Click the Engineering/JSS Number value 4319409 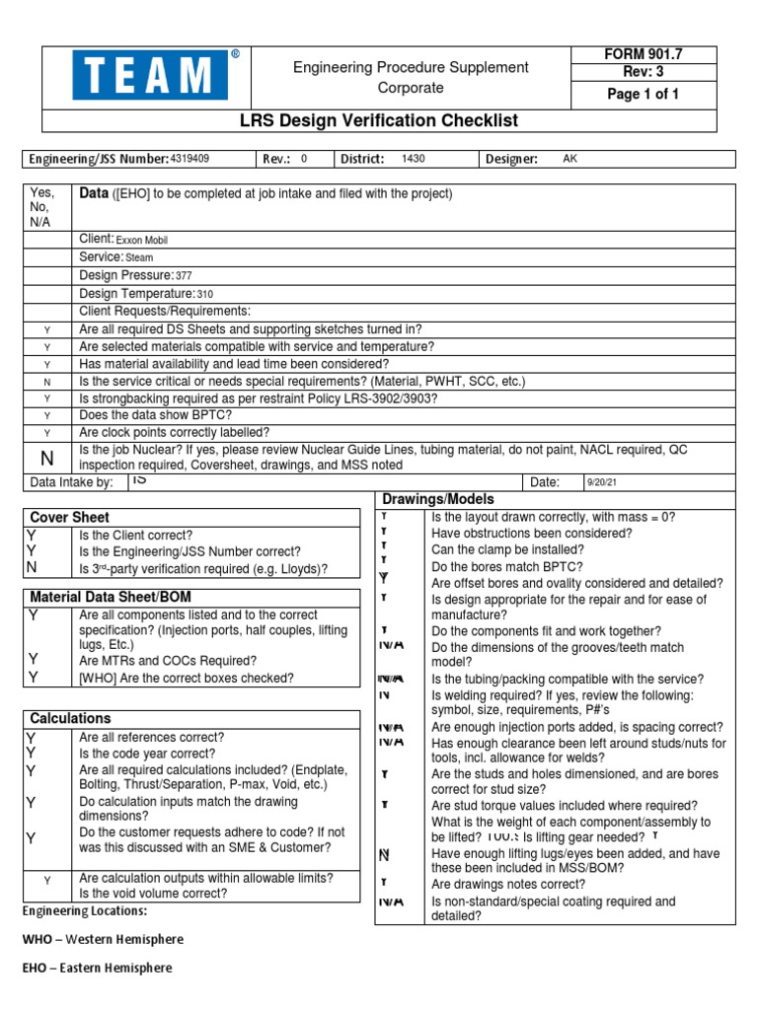pyautogui.click(x=189, y=159)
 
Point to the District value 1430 pyautogui.click(x=413, y=159)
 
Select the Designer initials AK pyautogui.click(x=569, y=159)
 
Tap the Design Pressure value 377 pyautogui.click(x=184, y=275)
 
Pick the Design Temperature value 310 pyautogui.click(x=204, y=294)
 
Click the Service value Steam pyautogui.click(x=139, y=257)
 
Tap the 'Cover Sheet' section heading pyautogui.click(x=70, y=517)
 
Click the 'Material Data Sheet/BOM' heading pyautogui.click(x=111, y=598)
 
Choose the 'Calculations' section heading pyautogui.click(x=71, y=718)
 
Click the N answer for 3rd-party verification pyautogui.click(x=33, y=568)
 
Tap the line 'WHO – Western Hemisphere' pyautogui.click(x=103, y=939)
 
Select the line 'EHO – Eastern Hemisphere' pyautogui.click(x=97, y=968)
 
